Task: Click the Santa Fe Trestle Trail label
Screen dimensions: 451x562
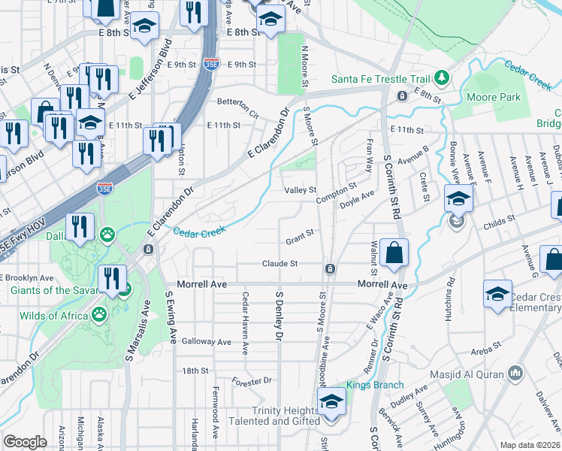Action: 381,79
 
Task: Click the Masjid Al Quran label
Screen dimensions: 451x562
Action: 466,374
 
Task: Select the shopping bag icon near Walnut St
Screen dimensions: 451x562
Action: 394,253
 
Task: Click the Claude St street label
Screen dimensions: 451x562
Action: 280,264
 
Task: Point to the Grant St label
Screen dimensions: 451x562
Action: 299,241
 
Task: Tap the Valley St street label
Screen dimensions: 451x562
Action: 300,190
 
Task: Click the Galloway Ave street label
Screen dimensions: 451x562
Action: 206,341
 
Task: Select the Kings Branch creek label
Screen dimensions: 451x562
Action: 370,386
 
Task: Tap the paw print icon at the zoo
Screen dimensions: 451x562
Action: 108,234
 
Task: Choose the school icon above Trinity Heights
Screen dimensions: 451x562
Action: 331,401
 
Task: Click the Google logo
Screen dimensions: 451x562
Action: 25,442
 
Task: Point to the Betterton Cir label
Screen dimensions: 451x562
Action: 237,101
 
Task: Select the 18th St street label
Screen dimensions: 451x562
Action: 195,371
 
